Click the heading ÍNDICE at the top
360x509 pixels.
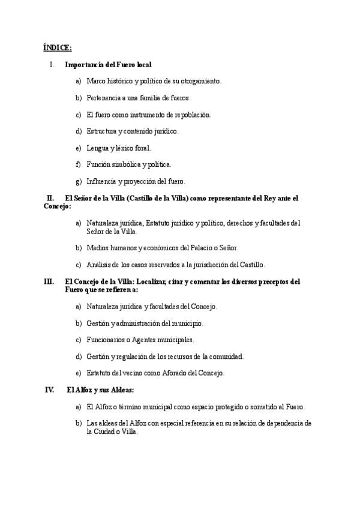coord(58,47)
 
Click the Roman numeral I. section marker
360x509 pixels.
coord(53,64)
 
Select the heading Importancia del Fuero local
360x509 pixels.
coord(108,64)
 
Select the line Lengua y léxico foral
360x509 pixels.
coord(118,148)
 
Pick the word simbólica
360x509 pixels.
coord(131,164)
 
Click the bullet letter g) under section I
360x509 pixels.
coord(78,181)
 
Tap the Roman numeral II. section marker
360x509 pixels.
coord(51,197)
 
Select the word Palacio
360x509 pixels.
coord(190,247)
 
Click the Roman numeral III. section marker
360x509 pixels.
coord(49,281)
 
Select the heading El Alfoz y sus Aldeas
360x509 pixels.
coord(100,390)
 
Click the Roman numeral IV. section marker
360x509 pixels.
coord(50,390)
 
